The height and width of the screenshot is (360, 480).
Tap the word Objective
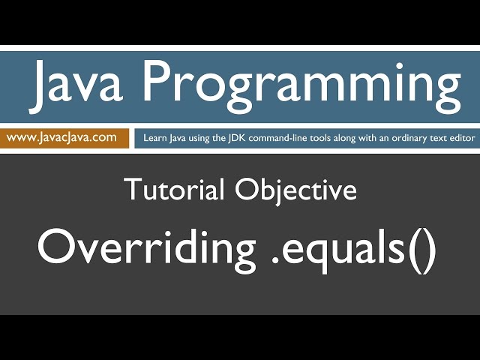coord(296,191)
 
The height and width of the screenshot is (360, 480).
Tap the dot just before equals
coord(274,262)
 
